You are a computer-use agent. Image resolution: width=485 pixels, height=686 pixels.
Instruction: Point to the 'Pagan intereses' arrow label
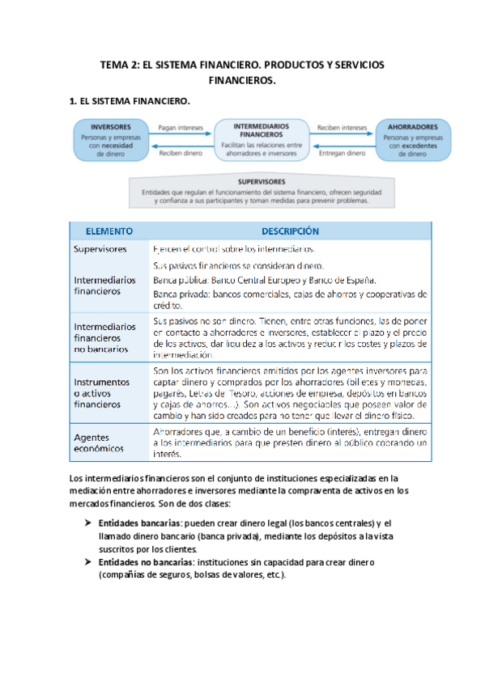179,127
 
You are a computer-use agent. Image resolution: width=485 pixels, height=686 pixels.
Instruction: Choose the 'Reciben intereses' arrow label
342,127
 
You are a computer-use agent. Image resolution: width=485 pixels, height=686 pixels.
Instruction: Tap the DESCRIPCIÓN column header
289,231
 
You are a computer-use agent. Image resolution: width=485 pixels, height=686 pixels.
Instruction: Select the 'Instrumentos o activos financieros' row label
100,392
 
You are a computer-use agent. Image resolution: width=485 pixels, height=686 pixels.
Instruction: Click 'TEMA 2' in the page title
119,64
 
